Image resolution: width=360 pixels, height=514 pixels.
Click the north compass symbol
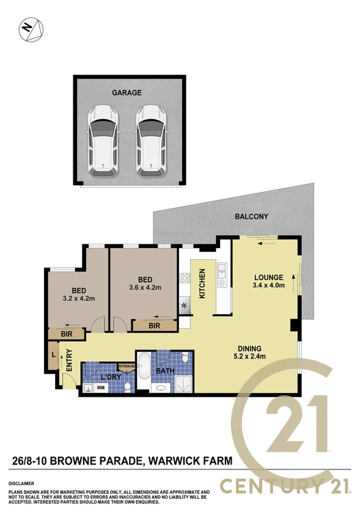(29, 29)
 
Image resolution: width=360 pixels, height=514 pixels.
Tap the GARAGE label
(127, 93)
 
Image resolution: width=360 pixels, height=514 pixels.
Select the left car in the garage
(103, 139)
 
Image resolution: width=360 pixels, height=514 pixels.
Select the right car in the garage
(151, 139)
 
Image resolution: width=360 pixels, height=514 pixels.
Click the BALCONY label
(252, 216)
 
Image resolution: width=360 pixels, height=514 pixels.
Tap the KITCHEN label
(203, 286)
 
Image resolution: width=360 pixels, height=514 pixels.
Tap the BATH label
(166, 370)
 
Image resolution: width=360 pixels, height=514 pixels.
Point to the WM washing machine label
(101, 387)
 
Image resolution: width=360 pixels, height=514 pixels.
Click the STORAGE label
(127, 366)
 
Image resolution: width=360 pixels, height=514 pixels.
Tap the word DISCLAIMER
(21, 483)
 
